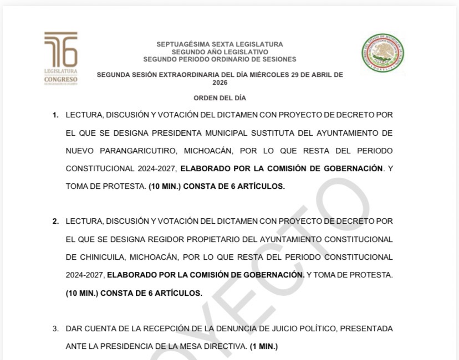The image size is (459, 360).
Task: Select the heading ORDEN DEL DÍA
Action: coord(220,98)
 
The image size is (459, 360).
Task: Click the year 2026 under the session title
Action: coord(220,82)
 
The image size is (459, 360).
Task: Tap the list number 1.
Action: coord(55,115)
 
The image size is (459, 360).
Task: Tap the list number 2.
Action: coord(55,222)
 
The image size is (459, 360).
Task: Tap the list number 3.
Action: coord(55,328)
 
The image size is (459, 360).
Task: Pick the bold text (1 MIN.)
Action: coord(263,347)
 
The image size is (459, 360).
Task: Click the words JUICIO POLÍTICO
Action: coord(303,328)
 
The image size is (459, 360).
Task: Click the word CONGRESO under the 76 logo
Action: coord(61,79)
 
